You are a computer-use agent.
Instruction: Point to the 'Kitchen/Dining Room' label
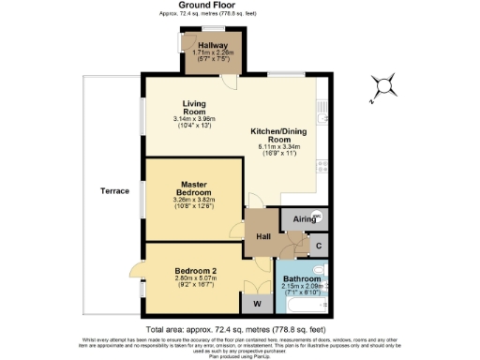point(275,132)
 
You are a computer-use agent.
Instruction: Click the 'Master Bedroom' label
point(193,187)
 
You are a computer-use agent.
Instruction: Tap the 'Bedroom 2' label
point(194,267)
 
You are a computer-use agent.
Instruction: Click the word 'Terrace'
point(113,190)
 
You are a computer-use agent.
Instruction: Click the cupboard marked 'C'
point(318,245)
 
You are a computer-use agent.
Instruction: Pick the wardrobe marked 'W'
point(256,303)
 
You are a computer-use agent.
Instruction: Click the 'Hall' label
point(263,237)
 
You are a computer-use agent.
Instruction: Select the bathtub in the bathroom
point(300,305)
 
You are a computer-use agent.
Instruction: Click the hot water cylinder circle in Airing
point(317,217)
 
